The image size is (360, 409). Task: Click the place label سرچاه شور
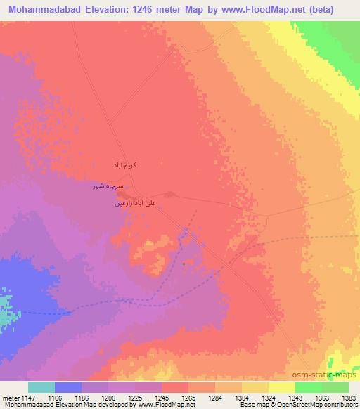pyautogui.click(x=108, y=186)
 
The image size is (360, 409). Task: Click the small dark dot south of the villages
pyautogui.click(x=184, y=264)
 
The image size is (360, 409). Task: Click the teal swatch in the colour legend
pyautogui.click(x=41, y=387)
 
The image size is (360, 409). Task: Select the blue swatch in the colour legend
pyautogui.click(x=68, y=387)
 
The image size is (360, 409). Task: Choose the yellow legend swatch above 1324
pyautogui.click(x=255, y=387)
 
